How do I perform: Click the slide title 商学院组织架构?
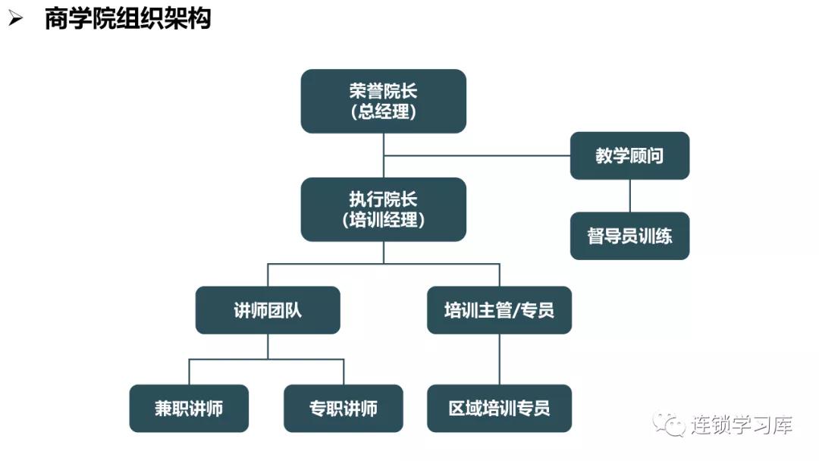(x=127, y=18)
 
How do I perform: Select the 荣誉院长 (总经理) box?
(x=383, y=101)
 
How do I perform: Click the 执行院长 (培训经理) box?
(x=383, y=209)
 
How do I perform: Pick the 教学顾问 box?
(x=629, y=155)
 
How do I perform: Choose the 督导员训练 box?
(x=629, y=236)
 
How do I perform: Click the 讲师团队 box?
(x=268, y=310)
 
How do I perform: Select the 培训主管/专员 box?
(x=499, y=310)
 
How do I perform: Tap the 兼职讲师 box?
(x=189, y=409)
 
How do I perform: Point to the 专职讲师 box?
(x=344, y=409)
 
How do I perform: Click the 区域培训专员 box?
(x=499, y=409)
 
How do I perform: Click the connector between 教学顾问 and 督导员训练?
(x=629, y=196)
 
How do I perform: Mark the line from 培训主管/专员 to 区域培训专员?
(x=499, y=359)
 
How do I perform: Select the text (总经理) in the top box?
(x=383, y=111)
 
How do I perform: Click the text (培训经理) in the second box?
(x=383, y=220)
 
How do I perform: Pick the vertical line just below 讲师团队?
(x=268, y=346)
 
